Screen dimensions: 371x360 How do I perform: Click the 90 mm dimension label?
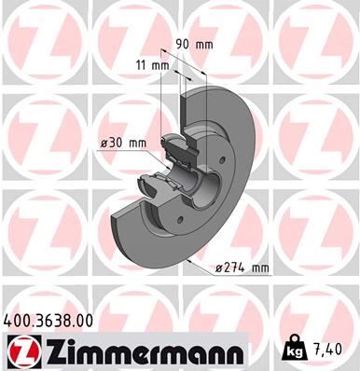(195, 43)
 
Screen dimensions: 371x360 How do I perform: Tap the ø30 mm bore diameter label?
(124, 143)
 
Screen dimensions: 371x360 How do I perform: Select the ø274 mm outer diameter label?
(241, 268)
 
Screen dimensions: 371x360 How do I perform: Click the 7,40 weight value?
(329, 350)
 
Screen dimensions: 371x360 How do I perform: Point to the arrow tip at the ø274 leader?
(188, 263)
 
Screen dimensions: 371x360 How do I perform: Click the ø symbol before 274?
(219, 268)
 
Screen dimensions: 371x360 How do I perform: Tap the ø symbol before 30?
(105, 143)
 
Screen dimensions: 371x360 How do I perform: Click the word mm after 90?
(204, 43)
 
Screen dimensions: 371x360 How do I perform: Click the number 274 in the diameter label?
(235, 268)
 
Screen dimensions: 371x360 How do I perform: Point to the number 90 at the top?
(183, 43)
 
